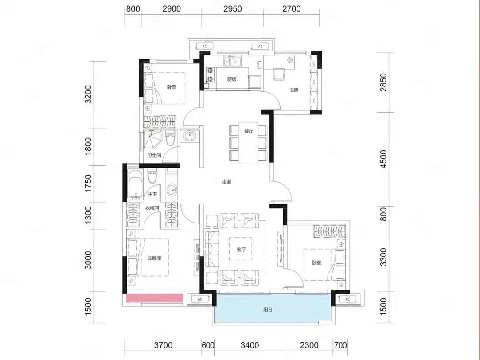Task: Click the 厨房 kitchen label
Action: pyautogui.click(x=232, y=79)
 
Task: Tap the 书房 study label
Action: pyautogui.click(x=293, y=90)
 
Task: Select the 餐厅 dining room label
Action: pyautogui.click(x=249, y=131)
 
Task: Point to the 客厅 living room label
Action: pyautogui.click(x=241, y=250)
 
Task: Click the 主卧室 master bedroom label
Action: pyautogui.click(x=155, y=258)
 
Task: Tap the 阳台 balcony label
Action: pyautogui.click(x=268, y=310)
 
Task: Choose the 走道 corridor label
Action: pyautogui.click(x=226, y=181)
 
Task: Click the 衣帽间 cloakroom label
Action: pyautogui.click(x=152, y=208)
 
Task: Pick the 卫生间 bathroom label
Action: pyautogui.click(x=154, y=156)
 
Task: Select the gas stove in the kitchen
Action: pyautogui.click(x=210, y=75)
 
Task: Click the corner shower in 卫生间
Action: pyautogui.click(x=152, y=141)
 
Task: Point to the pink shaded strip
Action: pyautogui.click(x=155, y=298)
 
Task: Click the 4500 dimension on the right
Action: pyautogui.click(x=383, y=159)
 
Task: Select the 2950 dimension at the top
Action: pyautogui.click(x=233, y=8)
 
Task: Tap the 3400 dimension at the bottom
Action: pyautogui.click(x=250, y=345)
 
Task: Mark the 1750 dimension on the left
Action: pyautogui.click(x=88, y=183)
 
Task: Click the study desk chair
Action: pyautogui.click(x=279, y=74)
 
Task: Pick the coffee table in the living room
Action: pyautogui.click(x=241, y=249)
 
